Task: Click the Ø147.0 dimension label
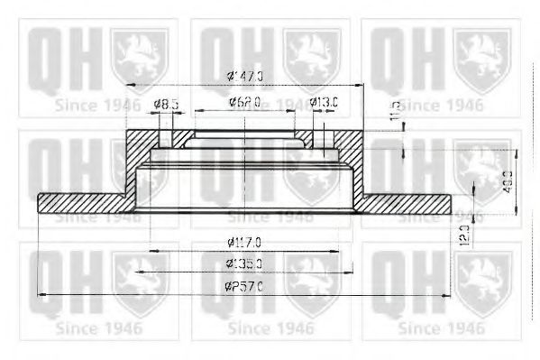click(245, 76)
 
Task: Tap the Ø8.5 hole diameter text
click(166, 104)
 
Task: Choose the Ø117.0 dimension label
click(244, 242)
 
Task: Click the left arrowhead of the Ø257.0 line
click(41, 294)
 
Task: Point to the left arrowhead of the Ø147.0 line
click(128, 85)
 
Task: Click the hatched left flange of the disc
click(81, 203)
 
